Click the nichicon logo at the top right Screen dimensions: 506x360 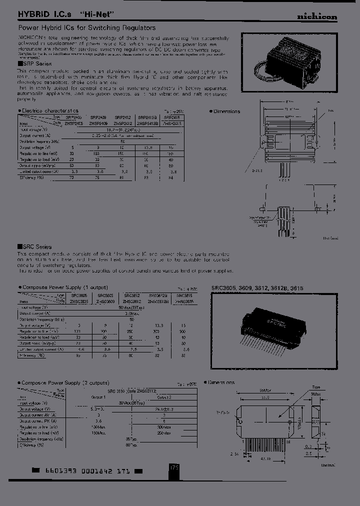tap(317, 16)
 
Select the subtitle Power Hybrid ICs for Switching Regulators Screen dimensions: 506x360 tap(87, 28)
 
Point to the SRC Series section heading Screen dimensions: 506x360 tap(36, 247)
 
